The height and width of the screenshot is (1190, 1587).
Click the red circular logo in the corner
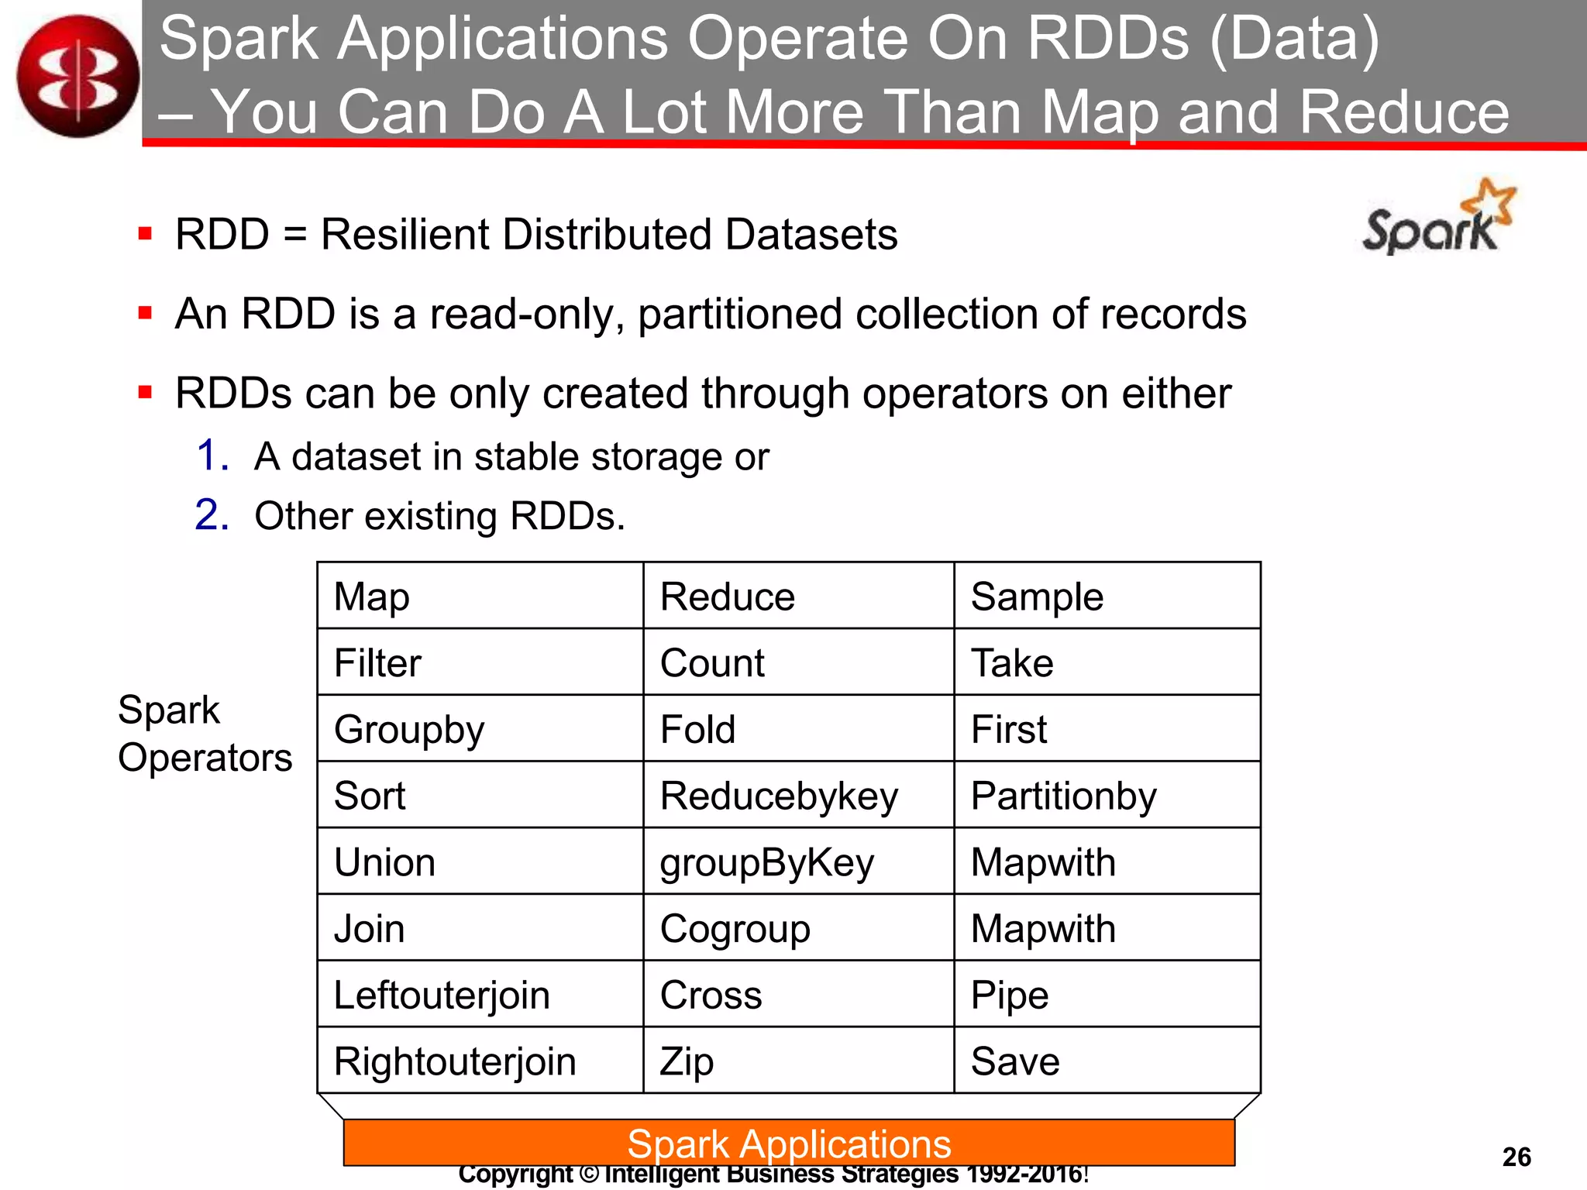point(77,76)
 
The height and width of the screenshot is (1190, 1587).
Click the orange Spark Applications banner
point(789,1143)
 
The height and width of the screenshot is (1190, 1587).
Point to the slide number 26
point(1516,1157)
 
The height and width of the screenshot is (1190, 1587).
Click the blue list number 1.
point(212,456)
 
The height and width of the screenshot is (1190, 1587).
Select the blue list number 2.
point(212,515)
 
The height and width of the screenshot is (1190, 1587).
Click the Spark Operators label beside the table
point(205,734)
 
